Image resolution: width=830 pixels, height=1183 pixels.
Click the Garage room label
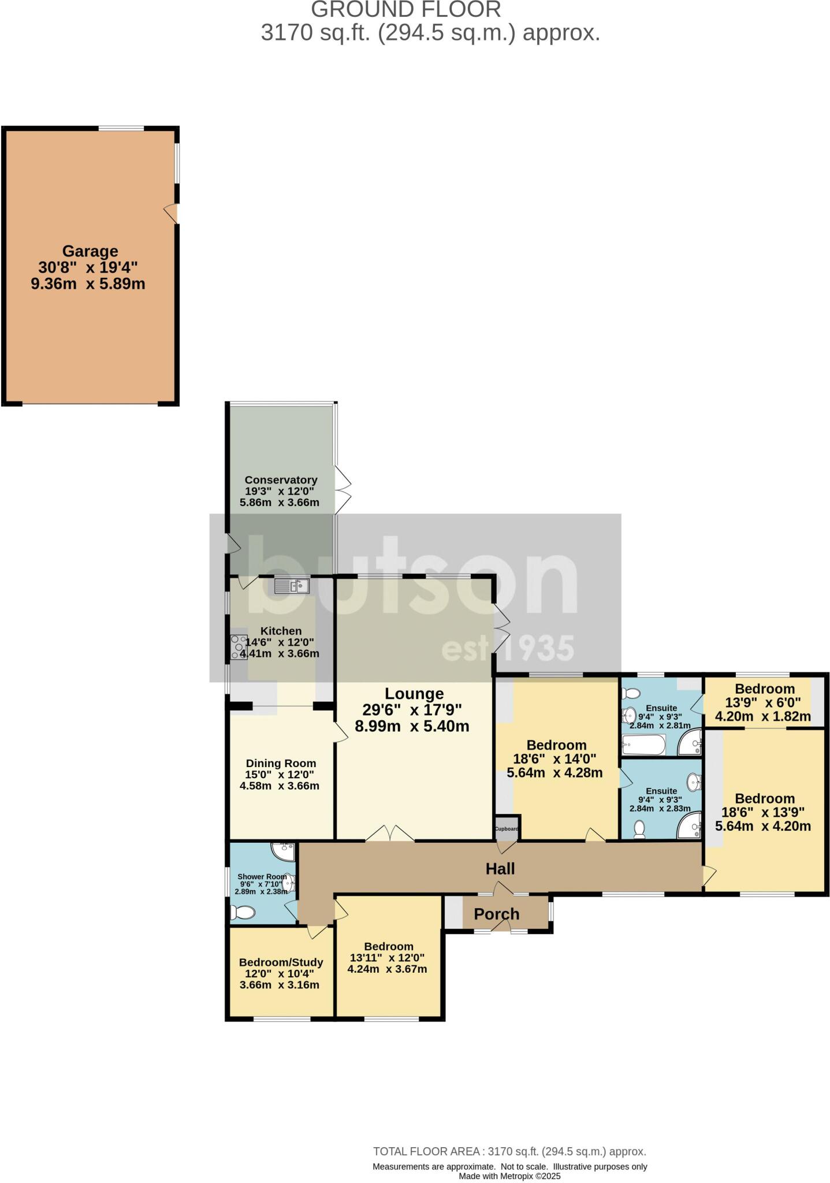click(x=90, y=251)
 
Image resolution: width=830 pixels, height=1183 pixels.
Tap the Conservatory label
click(x=281, y=479)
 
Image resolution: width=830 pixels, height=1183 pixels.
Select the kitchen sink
click(x=292, y=586)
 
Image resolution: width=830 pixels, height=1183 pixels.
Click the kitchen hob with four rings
click(x=239, y=647)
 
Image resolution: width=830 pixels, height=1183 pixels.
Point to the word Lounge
click(x=414, y=694)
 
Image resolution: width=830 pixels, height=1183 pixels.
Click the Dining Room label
click(x=281, y=763)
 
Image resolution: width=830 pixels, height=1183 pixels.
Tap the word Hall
click(x=500, y=868)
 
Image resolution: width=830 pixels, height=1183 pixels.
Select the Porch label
click(x=497, y=914)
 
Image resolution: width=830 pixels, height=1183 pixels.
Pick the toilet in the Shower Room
click(x=243, y=913)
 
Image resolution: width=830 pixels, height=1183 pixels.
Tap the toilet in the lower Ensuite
click(x=639, y=830)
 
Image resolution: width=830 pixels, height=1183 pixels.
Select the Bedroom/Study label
click(x=281, y=962)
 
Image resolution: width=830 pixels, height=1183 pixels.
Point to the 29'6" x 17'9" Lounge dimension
click(x=412, y=710)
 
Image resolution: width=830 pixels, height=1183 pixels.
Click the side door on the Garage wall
click(x=172, y=213)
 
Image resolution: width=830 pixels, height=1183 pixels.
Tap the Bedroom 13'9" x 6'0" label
click(x=765, y=689)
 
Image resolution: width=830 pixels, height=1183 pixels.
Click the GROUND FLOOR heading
click(x=406, y=10)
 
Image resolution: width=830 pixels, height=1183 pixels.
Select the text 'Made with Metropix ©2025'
click(x=509, y=1176)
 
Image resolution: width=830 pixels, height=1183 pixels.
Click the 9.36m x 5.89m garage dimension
click(x=88, y=284)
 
